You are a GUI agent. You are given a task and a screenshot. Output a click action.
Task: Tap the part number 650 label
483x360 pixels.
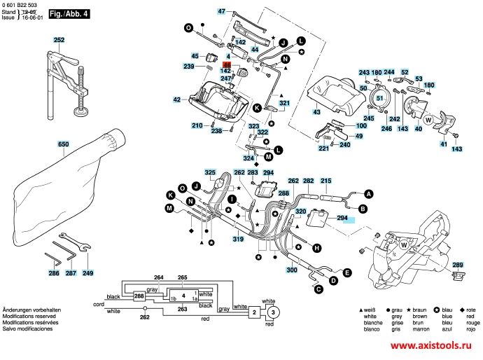63,144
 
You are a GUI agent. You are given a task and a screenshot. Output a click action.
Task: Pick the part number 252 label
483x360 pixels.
59,41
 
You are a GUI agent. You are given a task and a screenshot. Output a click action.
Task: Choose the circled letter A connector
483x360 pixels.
369,193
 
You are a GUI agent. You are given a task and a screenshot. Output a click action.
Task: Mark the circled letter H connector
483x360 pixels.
316,248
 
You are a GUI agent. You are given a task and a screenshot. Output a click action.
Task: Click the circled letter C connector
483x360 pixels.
317,289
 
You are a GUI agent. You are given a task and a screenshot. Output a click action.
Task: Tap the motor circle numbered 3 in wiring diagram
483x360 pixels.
274,312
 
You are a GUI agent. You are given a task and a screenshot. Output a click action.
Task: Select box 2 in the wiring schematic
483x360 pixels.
255,312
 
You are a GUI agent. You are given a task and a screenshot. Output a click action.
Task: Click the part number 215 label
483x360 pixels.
325,181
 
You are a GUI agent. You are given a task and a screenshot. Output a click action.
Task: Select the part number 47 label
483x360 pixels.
221,12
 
